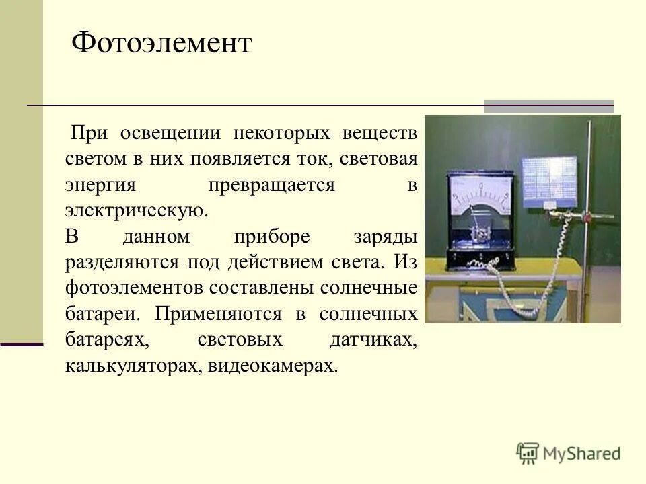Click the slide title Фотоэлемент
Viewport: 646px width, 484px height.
161,44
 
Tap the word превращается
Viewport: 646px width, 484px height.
271,184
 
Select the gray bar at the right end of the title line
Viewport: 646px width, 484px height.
549,106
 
